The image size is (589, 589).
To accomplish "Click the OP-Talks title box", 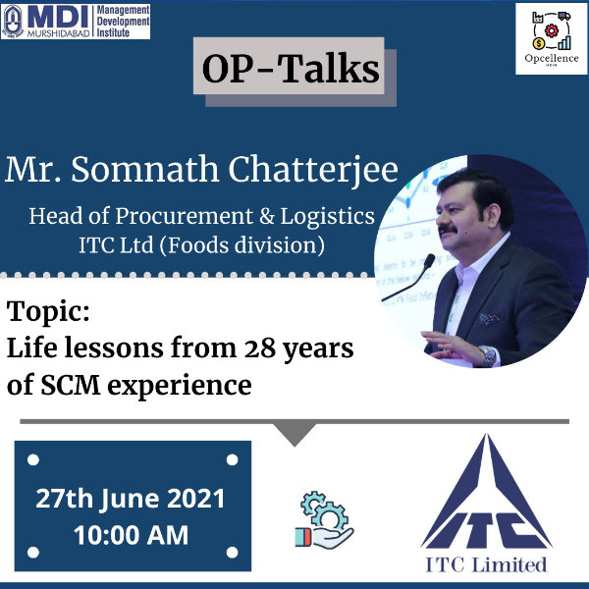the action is (x=289, y=66).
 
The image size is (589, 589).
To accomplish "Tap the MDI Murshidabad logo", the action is (x=76, y=22).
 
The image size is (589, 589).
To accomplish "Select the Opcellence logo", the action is (x=551, y=39).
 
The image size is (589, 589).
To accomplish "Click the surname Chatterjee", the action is (x=313, y=170).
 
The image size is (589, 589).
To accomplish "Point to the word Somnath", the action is (x=145, y=170).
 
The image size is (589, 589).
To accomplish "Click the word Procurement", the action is (x=185, y=217).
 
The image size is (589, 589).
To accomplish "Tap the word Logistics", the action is (x=328, y=217).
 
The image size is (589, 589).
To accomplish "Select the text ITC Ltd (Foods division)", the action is (x=202, y=245).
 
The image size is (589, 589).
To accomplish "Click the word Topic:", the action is (x=48, y=311).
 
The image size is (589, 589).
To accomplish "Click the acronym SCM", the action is (x=71, y=385).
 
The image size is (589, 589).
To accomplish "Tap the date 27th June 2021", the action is (x=131, y=499).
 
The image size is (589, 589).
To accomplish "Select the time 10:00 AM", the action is (x=132, y=535).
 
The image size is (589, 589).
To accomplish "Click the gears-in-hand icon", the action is (x=324, y=520).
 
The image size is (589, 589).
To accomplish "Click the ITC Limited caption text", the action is (x=486, y=564).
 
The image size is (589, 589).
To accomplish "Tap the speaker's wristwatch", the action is (x=487, y=355).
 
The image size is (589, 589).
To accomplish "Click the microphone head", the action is (x=429, y=261).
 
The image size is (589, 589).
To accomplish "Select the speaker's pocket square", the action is (x=489, y=319).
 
